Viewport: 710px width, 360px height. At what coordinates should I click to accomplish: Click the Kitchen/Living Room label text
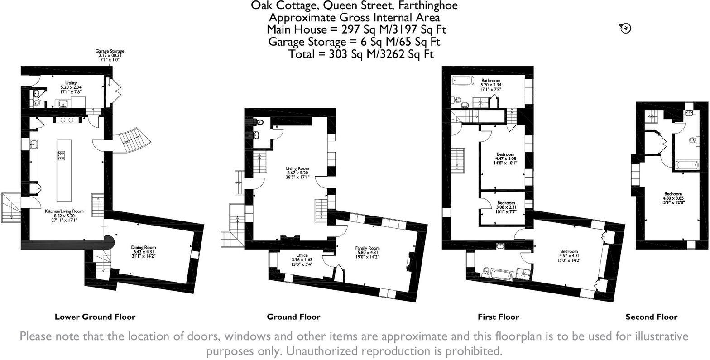(x=64, y=211)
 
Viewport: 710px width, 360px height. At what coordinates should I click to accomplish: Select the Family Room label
(x=367, y=248)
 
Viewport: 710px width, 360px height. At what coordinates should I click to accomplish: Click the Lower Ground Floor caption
(x=95, y=317)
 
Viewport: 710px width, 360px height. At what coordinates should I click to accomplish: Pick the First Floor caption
(x=498, y=317)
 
